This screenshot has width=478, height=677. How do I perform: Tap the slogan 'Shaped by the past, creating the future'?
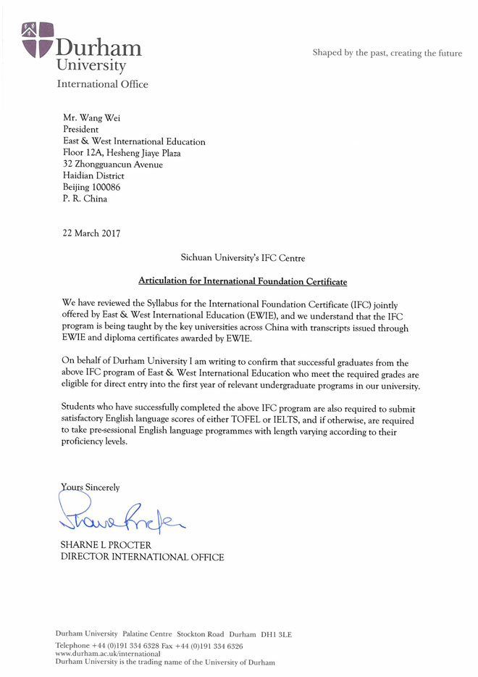pos(387,53)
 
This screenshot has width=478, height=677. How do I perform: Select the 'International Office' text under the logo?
pos(102,84)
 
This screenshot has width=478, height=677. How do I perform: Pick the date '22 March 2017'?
pos(91,233)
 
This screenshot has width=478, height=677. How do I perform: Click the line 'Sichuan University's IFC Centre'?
pos(243,257)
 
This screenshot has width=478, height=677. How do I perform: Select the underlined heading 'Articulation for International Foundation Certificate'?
pos(243,281)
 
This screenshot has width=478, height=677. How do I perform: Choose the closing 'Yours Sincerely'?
pos(90,488)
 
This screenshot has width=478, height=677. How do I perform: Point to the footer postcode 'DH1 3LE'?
pos(276,634)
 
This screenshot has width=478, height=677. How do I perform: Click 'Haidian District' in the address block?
pos(93,175)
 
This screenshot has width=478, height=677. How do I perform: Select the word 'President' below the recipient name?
pos(81,130)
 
